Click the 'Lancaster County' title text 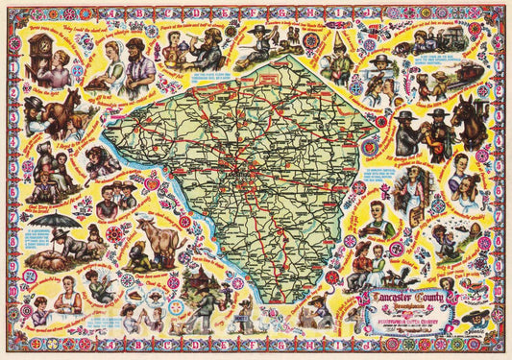pos(409,299)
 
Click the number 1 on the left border pos(10,40)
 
